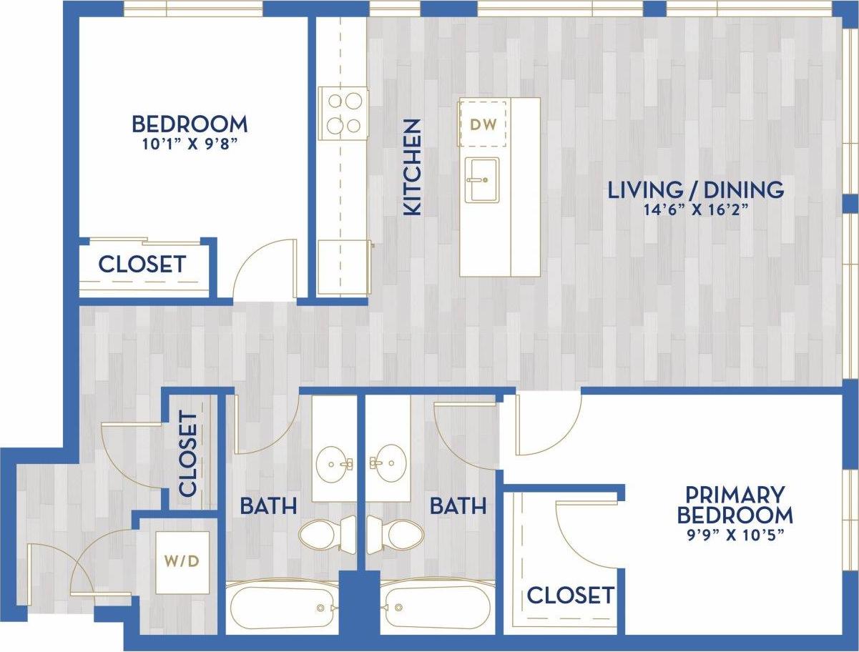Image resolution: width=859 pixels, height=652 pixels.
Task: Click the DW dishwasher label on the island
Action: coord(482,124)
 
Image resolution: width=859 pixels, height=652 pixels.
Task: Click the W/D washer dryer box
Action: coord(182,562)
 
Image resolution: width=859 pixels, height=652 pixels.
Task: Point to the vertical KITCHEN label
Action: coord(413,168)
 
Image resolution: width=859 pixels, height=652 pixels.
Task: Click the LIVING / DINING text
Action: coord(695,190)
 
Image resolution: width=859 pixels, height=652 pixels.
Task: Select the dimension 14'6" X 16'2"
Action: coord(695,210)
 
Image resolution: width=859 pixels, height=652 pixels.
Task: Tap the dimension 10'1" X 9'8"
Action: coord(190,143)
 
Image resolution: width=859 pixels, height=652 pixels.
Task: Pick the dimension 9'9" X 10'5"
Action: coord(735,535)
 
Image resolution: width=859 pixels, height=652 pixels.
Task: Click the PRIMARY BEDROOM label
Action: coord(735,505)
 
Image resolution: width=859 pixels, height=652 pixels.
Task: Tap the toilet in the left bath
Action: coord(326,533)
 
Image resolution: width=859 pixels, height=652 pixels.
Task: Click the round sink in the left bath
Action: coord(334,465)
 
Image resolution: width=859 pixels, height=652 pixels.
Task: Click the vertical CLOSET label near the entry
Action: coord(187,453)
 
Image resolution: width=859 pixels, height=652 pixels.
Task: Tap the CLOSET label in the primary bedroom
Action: coord(570,595)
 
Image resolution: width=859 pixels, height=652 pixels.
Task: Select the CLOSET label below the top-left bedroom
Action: coord(142,265)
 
